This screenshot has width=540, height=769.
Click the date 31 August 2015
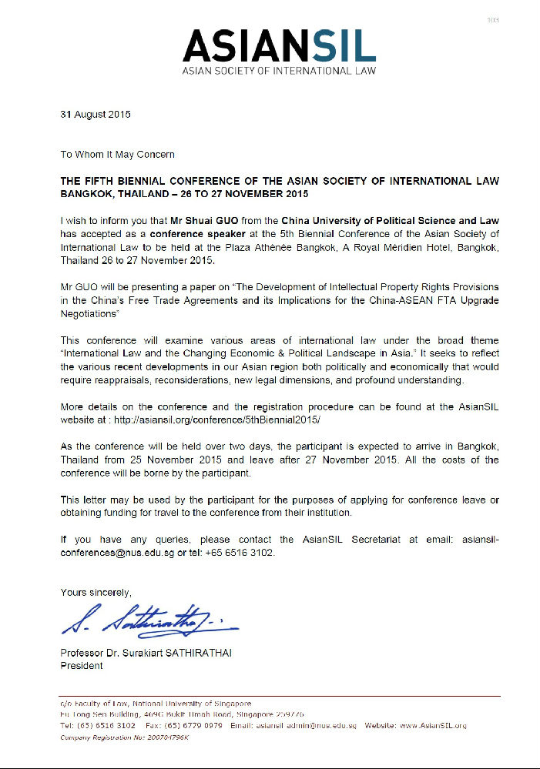96,115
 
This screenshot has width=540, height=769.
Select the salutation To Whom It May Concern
118,155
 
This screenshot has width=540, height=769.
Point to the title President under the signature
82,667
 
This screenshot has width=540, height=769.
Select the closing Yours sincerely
96,592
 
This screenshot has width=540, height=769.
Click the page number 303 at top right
494,19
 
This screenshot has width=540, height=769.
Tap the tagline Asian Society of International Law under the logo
279,71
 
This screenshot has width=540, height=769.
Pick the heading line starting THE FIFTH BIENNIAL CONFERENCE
280,181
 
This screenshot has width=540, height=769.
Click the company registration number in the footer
125,737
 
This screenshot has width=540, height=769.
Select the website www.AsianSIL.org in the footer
429,726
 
